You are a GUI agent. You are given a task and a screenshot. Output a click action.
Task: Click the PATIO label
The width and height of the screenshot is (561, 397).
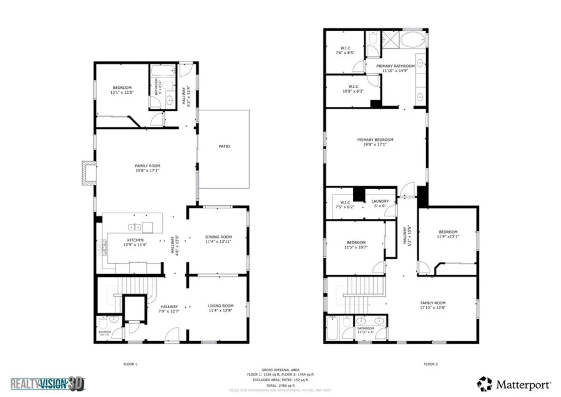[224, 146]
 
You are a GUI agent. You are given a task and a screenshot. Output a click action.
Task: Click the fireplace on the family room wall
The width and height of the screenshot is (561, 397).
[88, 172]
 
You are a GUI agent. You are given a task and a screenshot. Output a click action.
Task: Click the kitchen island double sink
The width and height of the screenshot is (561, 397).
[135, 227]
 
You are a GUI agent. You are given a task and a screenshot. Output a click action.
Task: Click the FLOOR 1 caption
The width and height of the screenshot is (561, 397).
[129, 364]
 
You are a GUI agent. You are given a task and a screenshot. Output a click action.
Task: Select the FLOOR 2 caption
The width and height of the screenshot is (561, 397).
[431, 364]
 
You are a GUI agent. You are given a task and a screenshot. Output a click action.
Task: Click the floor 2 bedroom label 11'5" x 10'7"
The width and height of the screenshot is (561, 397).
[356, 245]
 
